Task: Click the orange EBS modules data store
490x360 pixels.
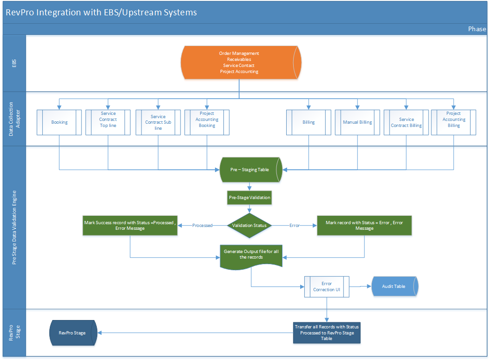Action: (239, 62)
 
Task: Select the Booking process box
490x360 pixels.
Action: (59, 122)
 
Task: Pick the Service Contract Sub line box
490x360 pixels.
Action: (158, 122)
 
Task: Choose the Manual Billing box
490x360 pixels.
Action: (357, 122)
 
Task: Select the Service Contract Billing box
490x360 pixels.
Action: (406, 122)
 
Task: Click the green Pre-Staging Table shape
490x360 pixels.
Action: (250, 170)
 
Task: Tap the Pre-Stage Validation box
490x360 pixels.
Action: (249, 198)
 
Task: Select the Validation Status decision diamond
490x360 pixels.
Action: (249, 226)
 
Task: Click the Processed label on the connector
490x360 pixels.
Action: (202, 226)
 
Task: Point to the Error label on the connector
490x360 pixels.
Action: (295, 226)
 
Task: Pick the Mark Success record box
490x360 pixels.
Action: (130, 226)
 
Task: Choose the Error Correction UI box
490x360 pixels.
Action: (327, 287)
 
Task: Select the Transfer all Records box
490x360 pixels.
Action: (327, 333)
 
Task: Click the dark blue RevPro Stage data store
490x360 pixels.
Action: (73, 333)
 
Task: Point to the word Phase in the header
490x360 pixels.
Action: (477, 29)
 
